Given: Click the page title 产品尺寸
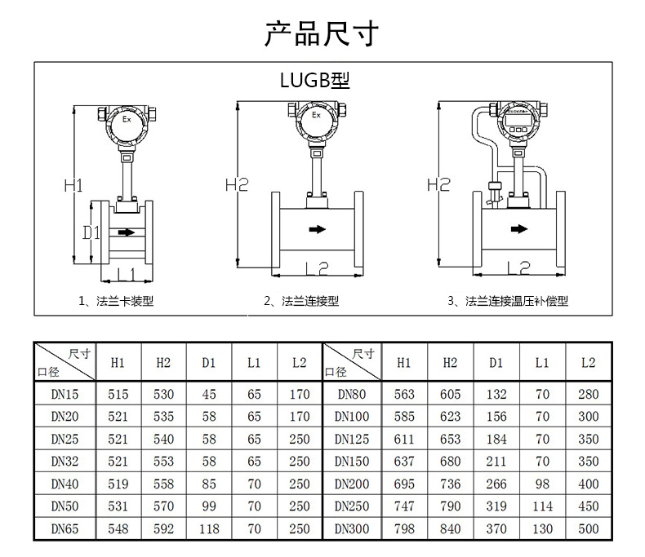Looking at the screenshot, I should (322, 33).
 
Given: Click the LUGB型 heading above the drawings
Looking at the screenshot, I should (314, 80).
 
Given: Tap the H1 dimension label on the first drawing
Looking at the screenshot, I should (73, 185).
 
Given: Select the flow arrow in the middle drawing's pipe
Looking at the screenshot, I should (317, 230).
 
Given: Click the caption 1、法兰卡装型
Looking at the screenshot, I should (115, 301).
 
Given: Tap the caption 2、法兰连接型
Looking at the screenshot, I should (300, 301).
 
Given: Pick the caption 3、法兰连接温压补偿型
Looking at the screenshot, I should (508, 301).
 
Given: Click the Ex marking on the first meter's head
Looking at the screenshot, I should (126, 120).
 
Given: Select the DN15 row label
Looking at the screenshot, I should (64, 395).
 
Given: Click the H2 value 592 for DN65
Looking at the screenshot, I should (163, 528).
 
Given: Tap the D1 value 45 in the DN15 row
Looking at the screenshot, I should (209, 395).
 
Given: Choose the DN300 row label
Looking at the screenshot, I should (352, 528).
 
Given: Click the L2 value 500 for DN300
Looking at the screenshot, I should (588, 528).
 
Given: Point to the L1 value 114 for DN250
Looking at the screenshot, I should (542, 506).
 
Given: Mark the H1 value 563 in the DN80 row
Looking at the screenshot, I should (404, 395).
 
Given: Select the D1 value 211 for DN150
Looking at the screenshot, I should (496, 462).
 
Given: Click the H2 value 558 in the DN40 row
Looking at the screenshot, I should (163, 484).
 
